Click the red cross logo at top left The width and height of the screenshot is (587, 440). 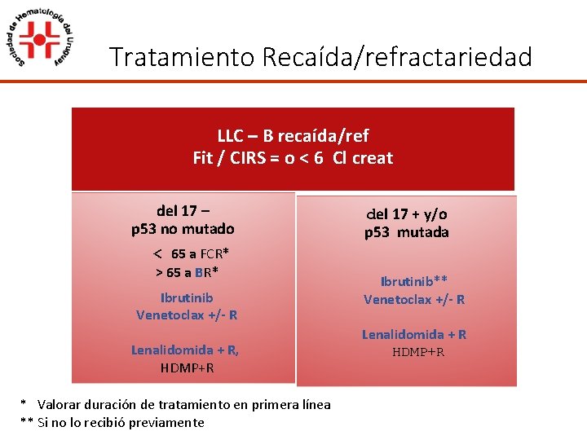click(x=39, y=38)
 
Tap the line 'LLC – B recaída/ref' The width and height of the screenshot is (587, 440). click(x=293, y=136)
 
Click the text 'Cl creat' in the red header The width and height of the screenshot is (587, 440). click(x=363, y=157)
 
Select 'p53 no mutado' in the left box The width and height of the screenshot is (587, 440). click(x=183, y=229)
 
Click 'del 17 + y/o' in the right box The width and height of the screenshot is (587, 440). click(x=406, y=214)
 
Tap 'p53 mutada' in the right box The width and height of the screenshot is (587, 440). click(x=406, y=232)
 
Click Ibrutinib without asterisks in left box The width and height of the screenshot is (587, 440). click(x=187, y=297)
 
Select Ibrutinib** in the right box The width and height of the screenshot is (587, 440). click(x=414, y=282)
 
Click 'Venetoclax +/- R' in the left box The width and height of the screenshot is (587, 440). click(x=187, y=315)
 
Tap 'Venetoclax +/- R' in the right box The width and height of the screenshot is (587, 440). click(x=414, y=299)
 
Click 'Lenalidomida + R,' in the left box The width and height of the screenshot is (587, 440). click(x=185, y=350)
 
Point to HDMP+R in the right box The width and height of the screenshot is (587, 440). click(x=418, y=352)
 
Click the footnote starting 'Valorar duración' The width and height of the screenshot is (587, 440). click(x=184, y=404)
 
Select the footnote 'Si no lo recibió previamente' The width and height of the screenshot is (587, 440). click(x=121, y=422)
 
